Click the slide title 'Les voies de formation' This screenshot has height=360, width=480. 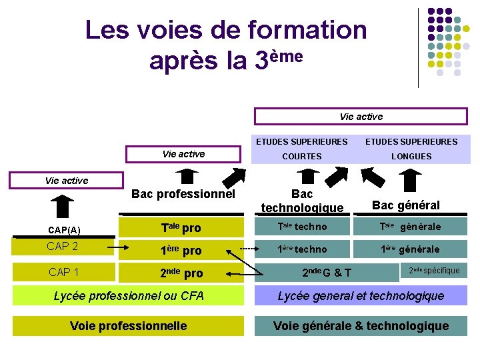point(226,30)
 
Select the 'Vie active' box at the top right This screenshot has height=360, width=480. point(361,117)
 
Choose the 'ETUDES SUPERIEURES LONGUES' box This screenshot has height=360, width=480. point(411,149)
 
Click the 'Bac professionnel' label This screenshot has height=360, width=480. point(183,195)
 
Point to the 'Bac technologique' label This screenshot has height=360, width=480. point(302,201)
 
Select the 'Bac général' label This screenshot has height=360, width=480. point(405,205)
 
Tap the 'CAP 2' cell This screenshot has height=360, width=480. point(63,247)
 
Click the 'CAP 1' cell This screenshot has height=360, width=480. point(63,272)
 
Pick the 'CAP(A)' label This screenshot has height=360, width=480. point(64,230)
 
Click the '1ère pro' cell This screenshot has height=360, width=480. point(181,250)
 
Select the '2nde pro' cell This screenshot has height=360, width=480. point(181,273)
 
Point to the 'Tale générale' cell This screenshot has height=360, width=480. point(410,227)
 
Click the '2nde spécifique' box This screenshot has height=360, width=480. point(434,270)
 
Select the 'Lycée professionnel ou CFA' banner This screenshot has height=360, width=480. point(129,295)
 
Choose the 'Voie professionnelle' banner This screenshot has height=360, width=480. point(129,325)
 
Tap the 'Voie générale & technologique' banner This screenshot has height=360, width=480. point(361,325)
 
